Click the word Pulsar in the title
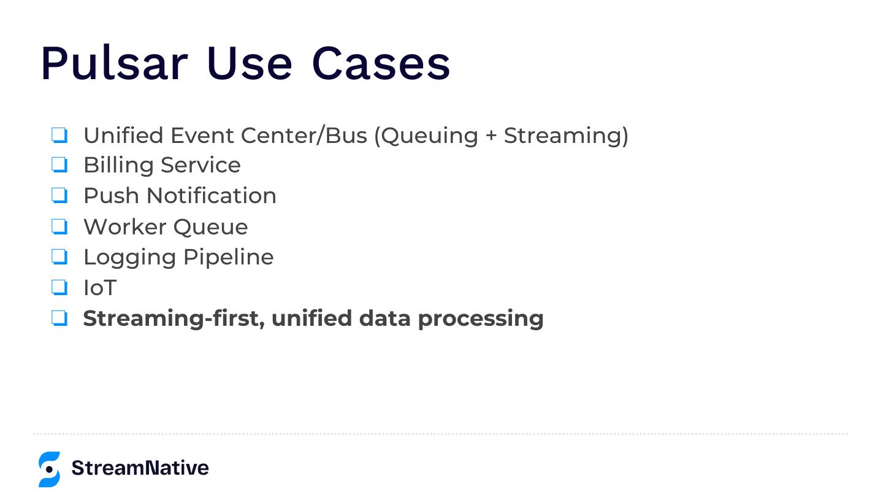[114, 63]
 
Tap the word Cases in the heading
[381, 63]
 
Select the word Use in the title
[249, 63]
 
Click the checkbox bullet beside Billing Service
[59, 165]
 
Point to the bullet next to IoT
[59, 287]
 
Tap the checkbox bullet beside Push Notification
[59, 196]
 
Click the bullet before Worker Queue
[59, 226]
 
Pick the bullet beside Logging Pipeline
[59, 256]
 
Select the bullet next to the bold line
[59, 318]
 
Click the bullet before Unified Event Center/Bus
[59, 135]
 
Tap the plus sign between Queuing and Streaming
[491, 136]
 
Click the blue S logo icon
[49, 469]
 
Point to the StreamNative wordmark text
[140, 468]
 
